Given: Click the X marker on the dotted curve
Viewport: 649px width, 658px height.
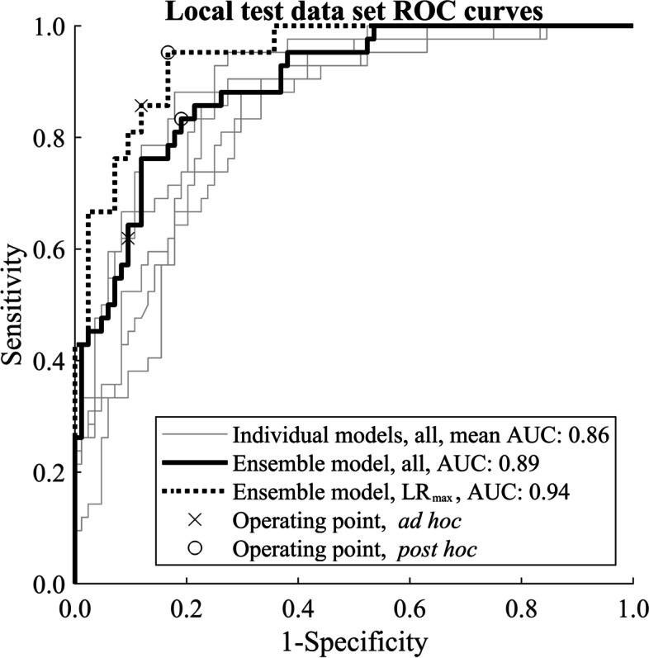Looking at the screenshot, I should click(x=141, y=106).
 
